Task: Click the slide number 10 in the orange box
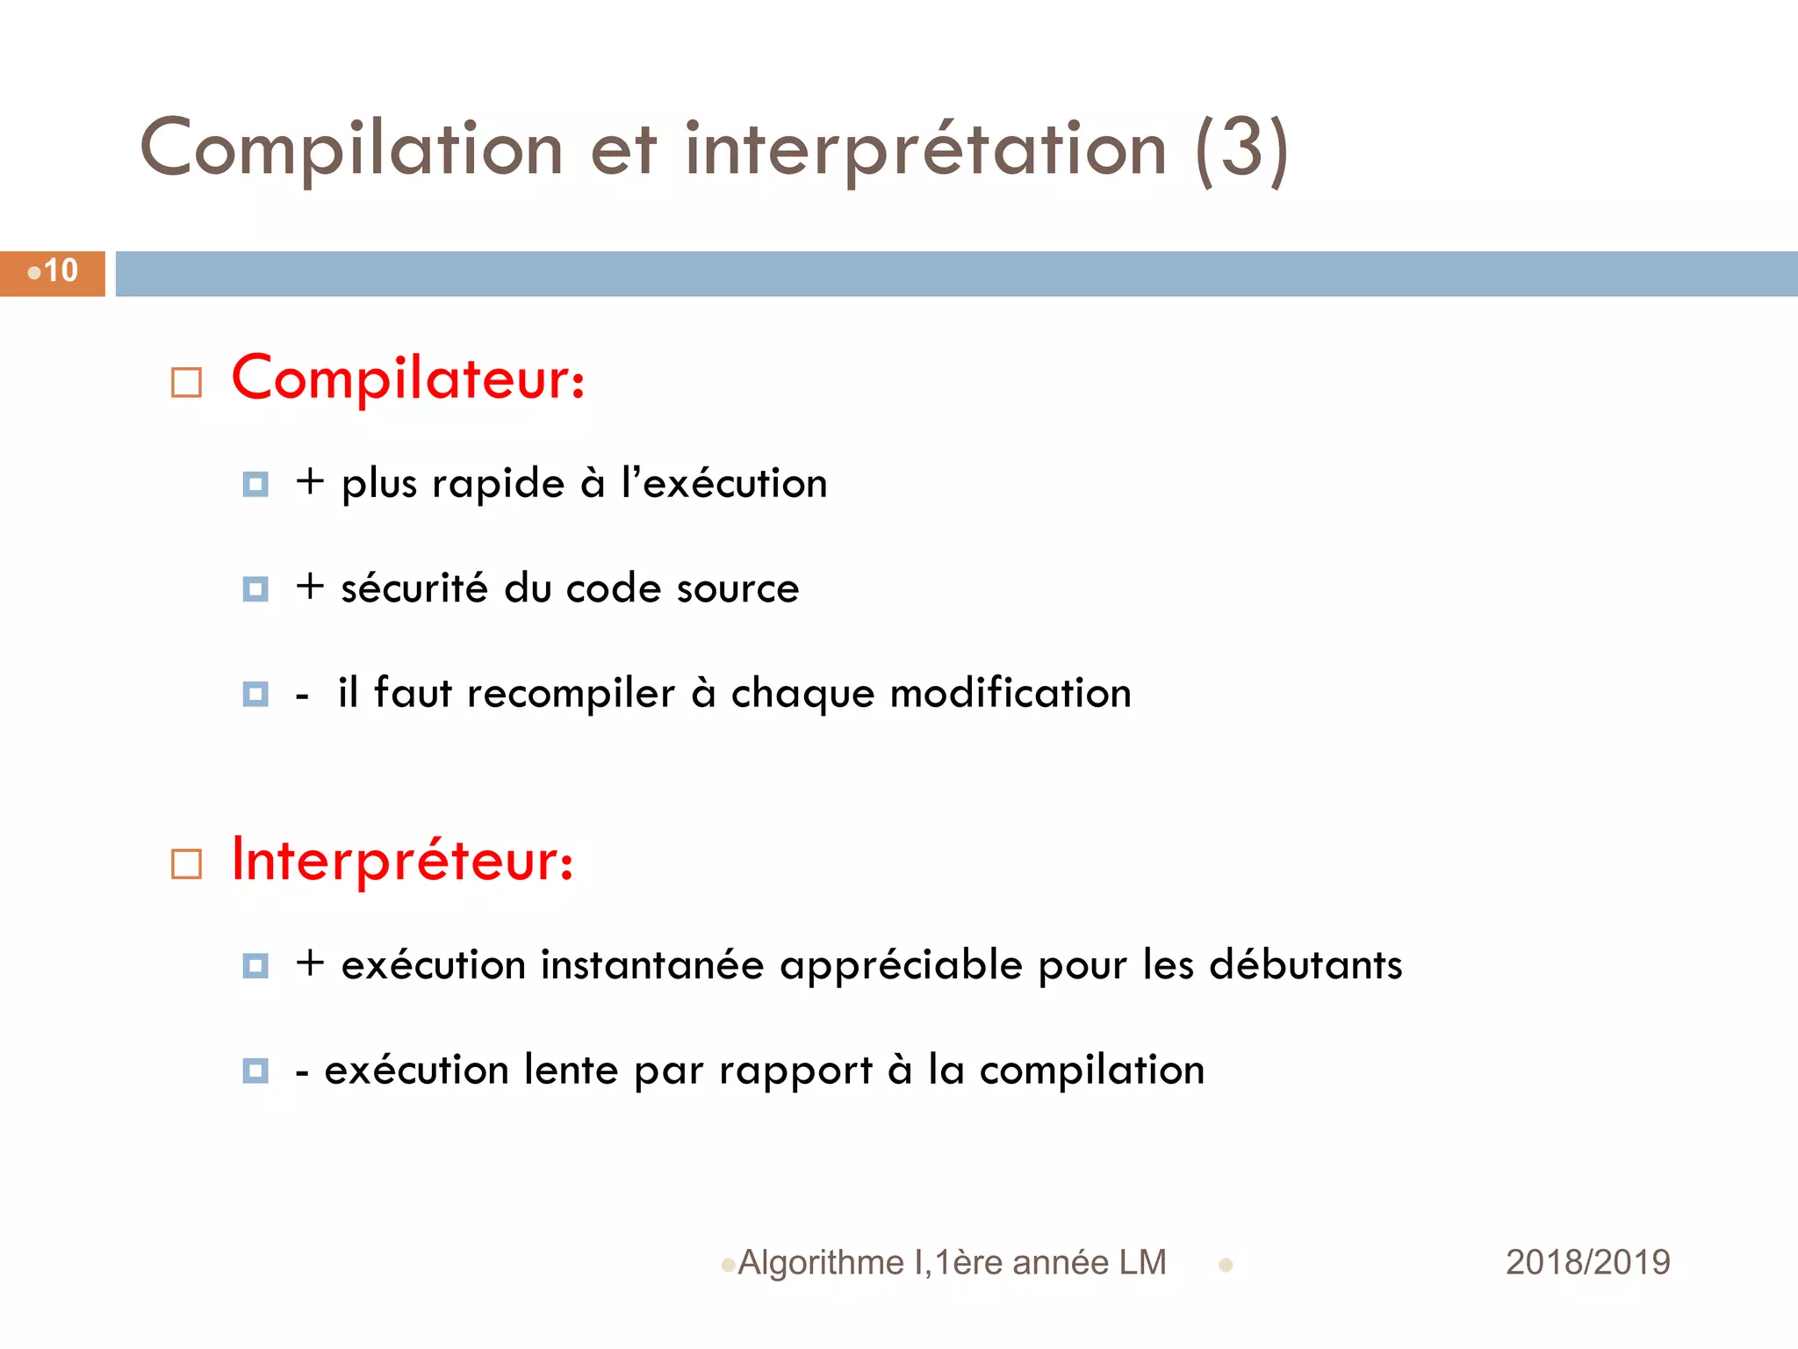(61, 271)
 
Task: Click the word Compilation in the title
(351, 149)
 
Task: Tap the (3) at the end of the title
(1241, 149)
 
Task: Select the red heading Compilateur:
(408, 379)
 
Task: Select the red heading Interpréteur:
(403, 861)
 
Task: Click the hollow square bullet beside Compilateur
(186, 383)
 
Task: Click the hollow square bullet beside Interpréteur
(186, 864)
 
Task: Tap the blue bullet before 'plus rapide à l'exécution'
(255, 484)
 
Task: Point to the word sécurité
(414, 588)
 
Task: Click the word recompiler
(571, 693)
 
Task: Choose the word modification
(1010, 693)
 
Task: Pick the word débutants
(1305, 964)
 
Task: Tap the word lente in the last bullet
(572, 1070)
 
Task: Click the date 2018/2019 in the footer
(1587, 1262)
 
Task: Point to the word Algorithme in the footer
(821, 1262)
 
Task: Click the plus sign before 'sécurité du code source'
(310, 587)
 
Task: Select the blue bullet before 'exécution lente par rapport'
(255, 1071)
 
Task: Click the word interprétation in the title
(925, 149)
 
